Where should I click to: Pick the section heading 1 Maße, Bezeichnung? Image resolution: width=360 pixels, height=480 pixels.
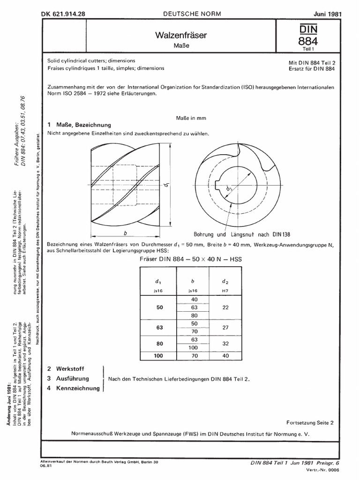point(80,125)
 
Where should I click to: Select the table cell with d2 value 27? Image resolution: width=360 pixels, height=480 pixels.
point(226,329)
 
